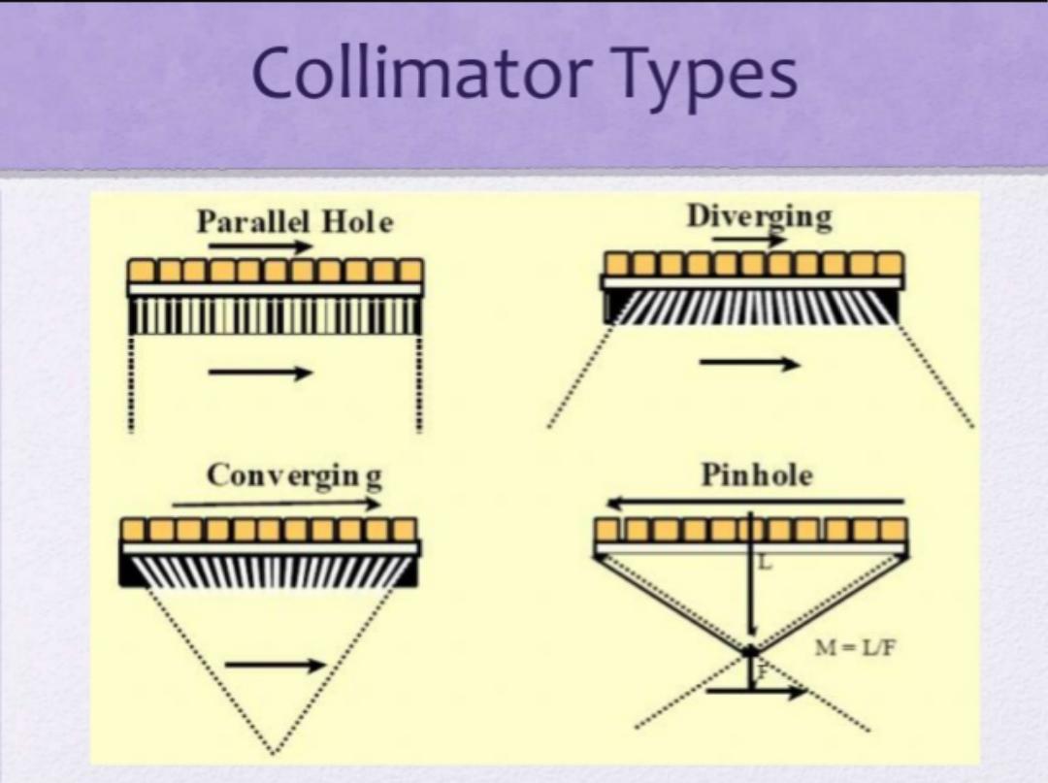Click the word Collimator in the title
[x=423, y=74]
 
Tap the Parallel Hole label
[x=295, y=222]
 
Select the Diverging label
[x=759, y=216]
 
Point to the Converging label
[x=294, y=475]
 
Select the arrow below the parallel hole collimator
[x=260, y=373]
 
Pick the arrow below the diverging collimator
[x=749, y=364]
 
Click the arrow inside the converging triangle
[x=276, y=665]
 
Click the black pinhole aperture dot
[x=751, y=651]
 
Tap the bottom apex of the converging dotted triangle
[x=273, y=751]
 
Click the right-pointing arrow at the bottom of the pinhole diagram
[x=757, y=693]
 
